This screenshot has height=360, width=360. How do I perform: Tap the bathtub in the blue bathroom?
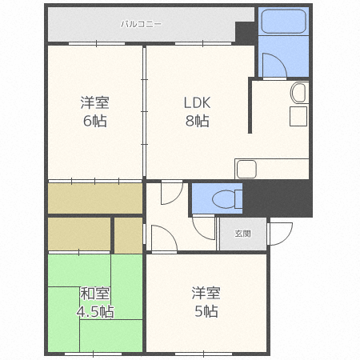point(284,22)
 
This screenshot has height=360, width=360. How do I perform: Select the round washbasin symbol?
point(298,94)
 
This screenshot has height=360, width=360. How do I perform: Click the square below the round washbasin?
point(298,117)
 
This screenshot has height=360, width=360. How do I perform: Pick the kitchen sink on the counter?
point(246,169)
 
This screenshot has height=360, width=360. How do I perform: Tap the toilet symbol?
point(226,198)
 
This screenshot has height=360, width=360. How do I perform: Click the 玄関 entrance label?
point(242,234)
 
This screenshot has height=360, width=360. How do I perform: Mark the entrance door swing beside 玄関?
point(280,233)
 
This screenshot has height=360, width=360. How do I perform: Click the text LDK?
point(196,103)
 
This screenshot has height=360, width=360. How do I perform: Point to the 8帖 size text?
point(196,122)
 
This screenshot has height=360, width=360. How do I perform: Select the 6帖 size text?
point(94,122)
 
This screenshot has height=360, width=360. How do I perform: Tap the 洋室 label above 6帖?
point(94,103)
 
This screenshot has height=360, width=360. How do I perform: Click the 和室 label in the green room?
point(94,292)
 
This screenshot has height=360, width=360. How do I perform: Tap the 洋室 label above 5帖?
point(206,292)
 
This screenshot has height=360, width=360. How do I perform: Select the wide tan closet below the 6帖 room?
point(94,198)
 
